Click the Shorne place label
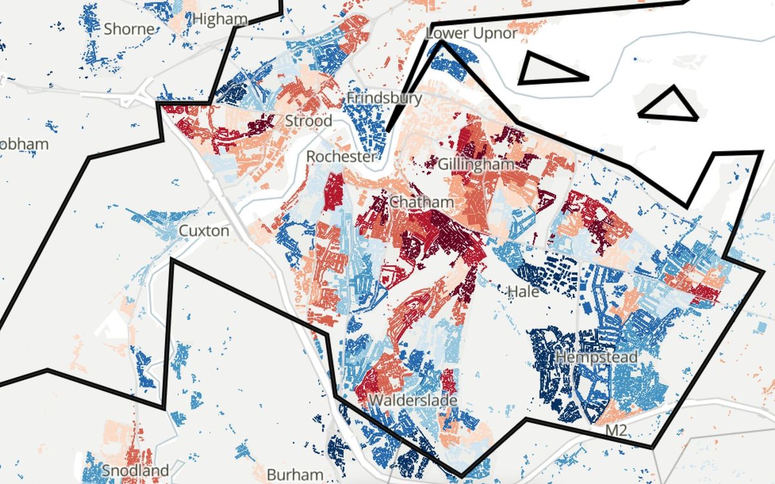(129, 29)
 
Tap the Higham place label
(220, 19)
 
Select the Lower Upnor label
(471, 34)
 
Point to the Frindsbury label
(384, 98)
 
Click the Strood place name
(309, 121)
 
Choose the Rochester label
(340, 157)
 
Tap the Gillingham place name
(476, 164)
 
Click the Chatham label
(422, 203)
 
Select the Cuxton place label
(203, 230)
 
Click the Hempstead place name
(597, 357)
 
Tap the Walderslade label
(413, 401)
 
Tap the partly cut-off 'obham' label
(25, 144)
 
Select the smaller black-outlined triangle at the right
(670, 106)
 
